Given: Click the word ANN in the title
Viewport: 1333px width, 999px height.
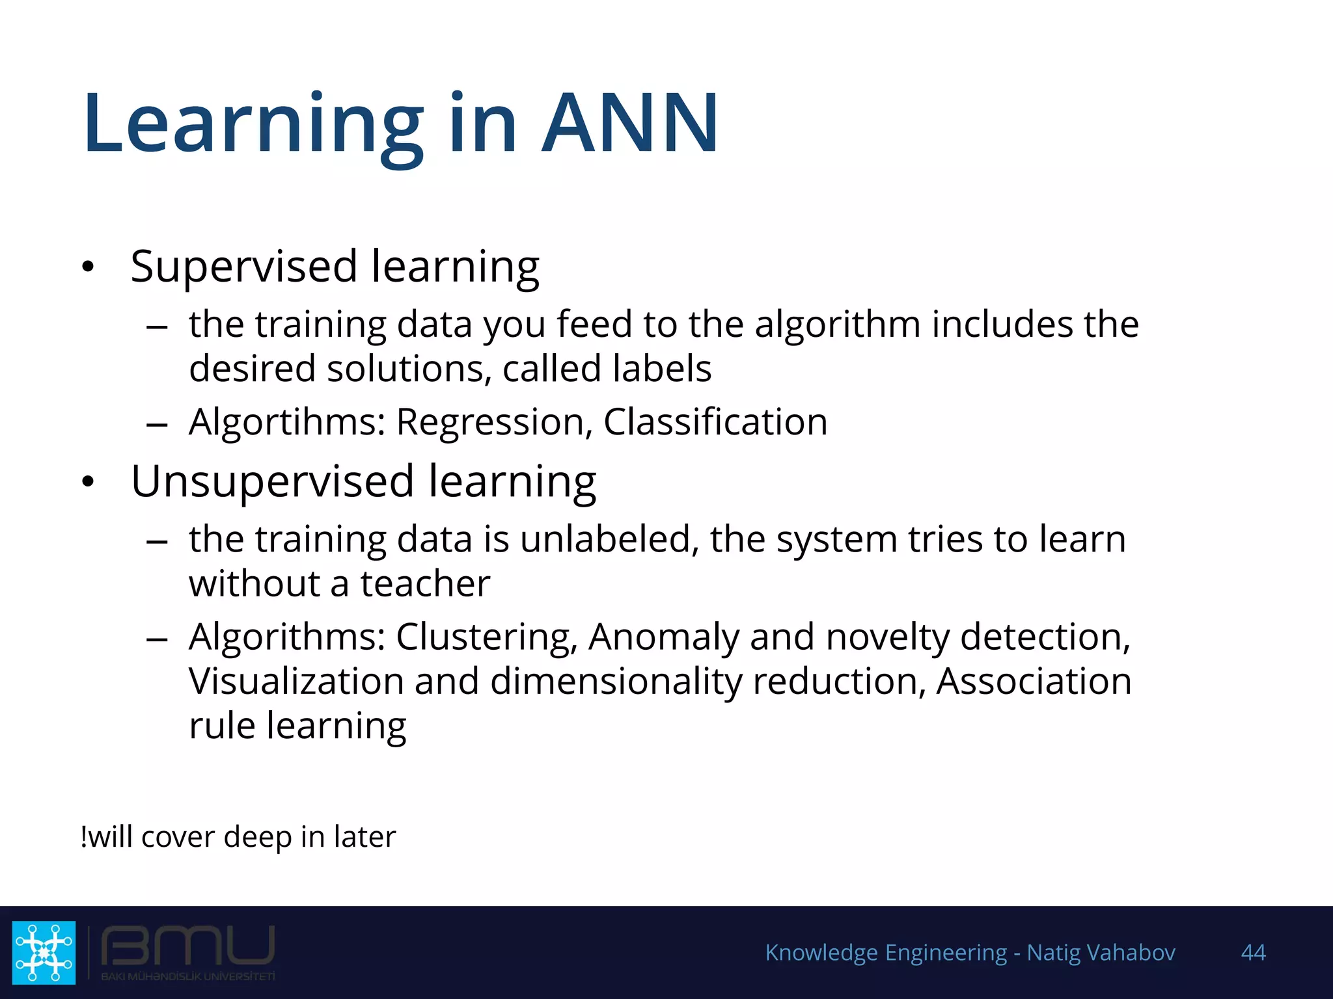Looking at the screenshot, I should click(x=630, y=124).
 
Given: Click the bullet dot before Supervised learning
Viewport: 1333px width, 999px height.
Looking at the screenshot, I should click(x=89, y=267).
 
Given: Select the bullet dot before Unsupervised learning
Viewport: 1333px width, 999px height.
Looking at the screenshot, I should click(x=89, y=482).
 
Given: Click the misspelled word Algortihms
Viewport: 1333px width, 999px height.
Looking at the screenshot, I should click(x=287, y=423).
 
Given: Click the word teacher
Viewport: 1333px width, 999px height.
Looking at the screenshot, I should click(x=425, y=583).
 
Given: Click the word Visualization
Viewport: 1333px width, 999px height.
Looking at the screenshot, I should click(x=296, y=682).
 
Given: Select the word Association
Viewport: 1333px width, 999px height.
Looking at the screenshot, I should click(x=1034, y=681).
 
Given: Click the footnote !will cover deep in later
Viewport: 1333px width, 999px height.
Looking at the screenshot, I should click(x=238, y=836).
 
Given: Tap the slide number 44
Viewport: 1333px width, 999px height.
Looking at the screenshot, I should click(x=1253, y=952).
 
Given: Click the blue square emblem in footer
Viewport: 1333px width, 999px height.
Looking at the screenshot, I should click(x=44, y=952).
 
